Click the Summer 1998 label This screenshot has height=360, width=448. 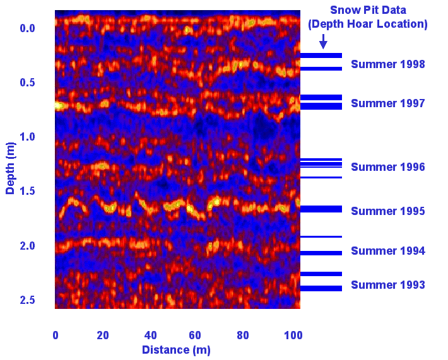[x=387, y=64]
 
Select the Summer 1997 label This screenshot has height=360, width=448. [x=387, y=103]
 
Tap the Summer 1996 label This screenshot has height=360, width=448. [x=387, y=167]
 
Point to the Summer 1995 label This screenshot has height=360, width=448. [x=387, y=211]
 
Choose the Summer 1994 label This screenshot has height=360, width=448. [x=387, y=251]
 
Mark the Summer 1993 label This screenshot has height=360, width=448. [x=387, y=285]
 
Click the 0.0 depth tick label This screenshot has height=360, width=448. [x=27, y=28]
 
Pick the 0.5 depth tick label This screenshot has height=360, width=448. [x=27, y=83]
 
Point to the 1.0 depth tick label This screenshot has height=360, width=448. [x=27, y=137]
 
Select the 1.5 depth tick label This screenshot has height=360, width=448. [x=27, y=191]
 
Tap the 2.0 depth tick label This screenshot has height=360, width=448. [x=27, y=246]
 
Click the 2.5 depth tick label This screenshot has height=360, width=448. [x=27, y=300]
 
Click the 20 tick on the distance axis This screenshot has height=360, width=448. [x=103, y=335]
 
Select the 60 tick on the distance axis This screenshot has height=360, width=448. [x=195, y=335]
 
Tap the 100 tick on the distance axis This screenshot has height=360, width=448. [x=293, y=335]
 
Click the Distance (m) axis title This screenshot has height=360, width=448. [x=176, y=350]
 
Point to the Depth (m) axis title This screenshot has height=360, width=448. [x=10, y=168]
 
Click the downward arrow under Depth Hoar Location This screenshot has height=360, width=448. [x=323, y=42]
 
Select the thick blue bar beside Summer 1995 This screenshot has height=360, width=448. [x=321, y=209]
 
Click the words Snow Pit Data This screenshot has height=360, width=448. [x=368, y=10]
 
